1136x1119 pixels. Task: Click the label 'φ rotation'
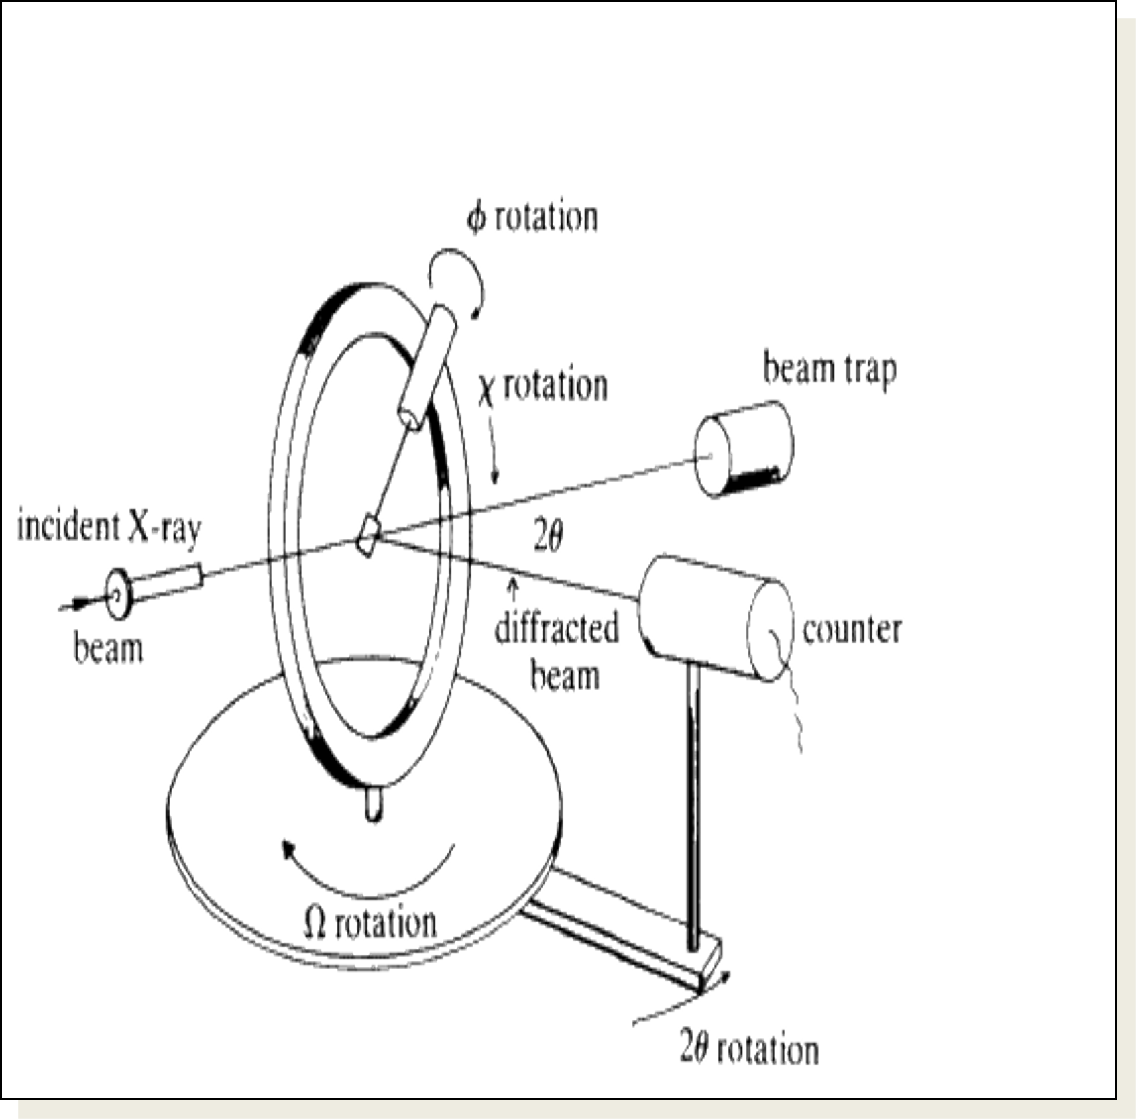532,218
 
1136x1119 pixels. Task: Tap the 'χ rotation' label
543,386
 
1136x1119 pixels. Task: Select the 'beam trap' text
830,370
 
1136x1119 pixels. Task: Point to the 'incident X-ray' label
109,528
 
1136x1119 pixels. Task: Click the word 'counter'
852,630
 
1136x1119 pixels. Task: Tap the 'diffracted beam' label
557,651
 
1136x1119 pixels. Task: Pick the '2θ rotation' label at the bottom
749,1049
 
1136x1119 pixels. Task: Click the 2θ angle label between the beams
549,537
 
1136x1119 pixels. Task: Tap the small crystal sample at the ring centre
367,535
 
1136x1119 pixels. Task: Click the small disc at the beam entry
119,594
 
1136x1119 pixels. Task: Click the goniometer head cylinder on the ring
428,368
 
